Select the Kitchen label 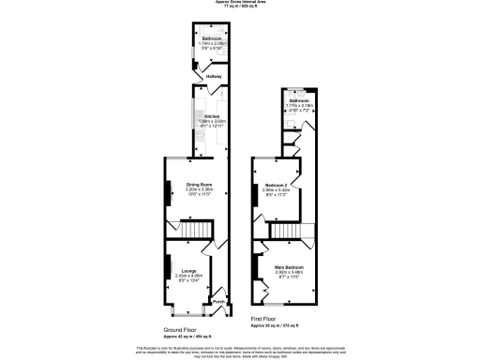pos(212,116)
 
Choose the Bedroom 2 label pos(275,184)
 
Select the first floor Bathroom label pos(299,100)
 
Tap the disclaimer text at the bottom pos(240,351)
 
